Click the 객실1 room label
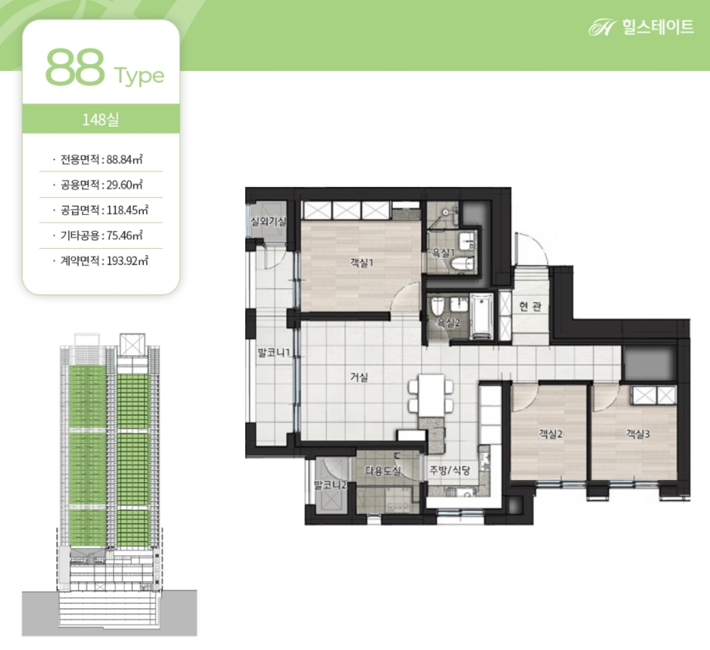pos(361,263)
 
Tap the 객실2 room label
pos(550,434)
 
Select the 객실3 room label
pos(638,434)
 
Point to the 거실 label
pos(359,376)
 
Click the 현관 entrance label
pos(531,306)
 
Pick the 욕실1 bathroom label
pos(443,253)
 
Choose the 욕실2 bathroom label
pos(449,322)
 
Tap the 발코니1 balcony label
pos(274,352)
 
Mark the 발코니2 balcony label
pos(330,485)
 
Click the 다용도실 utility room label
pos(383,471)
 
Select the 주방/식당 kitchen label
pos(450,471)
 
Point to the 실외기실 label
pos(268,221)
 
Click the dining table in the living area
pos(431,395)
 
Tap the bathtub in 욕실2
pos(483,316)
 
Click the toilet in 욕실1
pos(463,264)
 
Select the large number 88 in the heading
pos(75,68)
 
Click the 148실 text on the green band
pos(101,120)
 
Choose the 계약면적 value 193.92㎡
pos(128,261)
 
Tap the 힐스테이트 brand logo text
pos(657,27)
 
